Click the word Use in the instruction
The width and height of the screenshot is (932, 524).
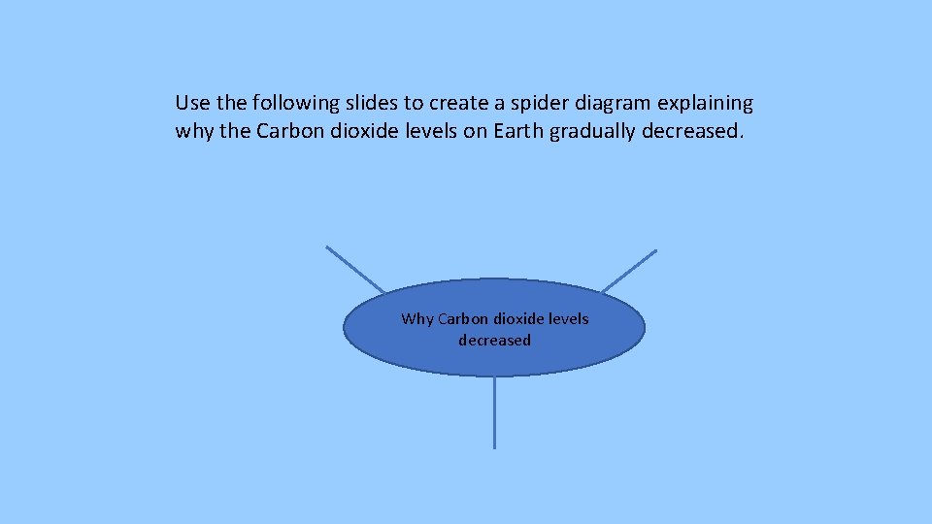coord(190,103)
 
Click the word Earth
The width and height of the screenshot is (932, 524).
coord(518,131)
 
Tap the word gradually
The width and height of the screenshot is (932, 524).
coord(592,131)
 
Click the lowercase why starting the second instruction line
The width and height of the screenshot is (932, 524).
coord(194,131)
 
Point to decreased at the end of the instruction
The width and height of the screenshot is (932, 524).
coord(692,131)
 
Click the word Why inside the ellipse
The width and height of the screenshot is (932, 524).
coord(417,318)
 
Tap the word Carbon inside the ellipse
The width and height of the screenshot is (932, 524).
coord(463,318)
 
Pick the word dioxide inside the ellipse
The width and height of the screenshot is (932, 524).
coord(519,318)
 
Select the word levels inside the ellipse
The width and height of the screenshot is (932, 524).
coord(569,318)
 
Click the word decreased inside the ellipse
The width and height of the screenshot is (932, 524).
coord(495,341)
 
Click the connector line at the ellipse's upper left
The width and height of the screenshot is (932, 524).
coord(355,269)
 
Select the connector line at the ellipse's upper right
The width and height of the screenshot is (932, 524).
coord(629,271)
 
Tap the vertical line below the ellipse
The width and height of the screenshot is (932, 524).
coord(495,412)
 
